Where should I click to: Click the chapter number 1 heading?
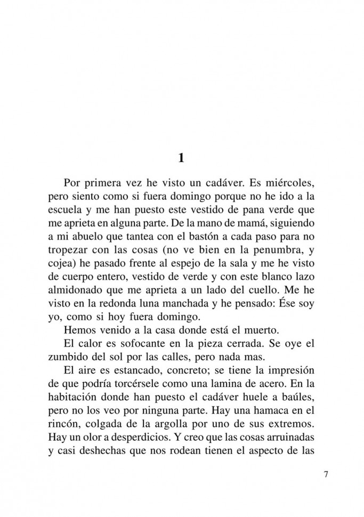181,158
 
